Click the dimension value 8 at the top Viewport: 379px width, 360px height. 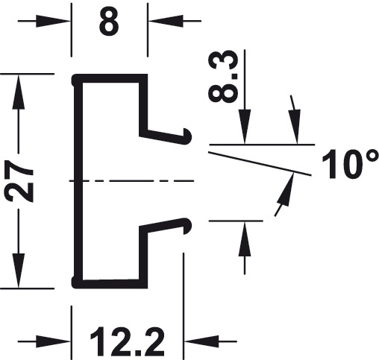[x=109, y=21]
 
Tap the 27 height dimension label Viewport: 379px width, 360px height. [x=19, y=180]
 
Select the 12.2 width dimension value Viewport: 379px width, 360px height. [x=127, y=342]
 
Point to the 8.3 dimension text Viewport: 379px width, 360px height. [x=223, y=76]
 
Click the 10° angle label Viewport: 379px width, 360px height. [x=350, y=164]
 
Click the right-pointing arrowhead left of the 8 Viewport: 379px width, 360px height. [x=53, y=21]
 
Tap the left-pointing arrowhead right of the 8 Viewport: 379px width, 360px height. [x=166, y=21]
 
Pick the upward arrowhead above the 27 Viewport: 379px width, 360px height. [x=19, y=92]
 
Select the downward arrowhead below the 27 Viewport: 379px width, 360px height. [x=19, y=271]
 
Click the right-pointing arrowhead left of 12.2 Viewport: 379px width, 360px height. [x=53, y=341]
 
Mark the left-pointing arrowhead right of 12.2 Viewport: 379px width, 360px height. [x=201, y=341]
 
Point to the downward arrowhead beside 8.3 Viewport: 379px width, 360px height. [x=245, y=127]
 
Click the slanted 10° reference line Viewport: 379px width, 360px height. [x=260, y=163]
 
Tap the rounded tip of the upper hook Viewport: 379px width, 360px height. [x=188, y=136]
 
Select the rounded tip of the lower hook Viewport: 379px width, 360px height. [x=188, y=226]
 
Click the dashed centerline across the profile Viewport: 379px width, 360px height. [x=131, y=180]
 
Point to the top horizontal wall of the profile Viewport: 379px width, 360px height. [x=110, y=78]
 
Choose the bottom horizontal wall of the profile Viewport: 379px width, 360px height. [x=110, y=284]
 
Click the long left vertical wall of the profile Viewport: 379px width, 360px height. [x=78, y=181]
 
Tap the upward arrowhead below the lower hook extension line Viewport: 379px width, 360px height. [x=245, y=239]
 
